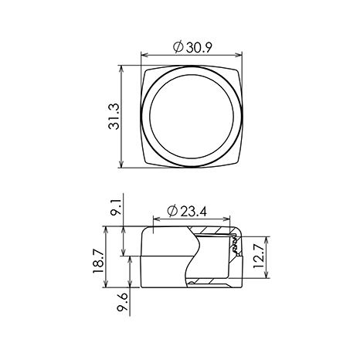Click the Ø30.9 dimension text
[x=192, y=47]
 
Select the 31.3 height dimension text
[x=114, y=117]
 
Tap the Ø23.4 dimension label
[x=187, y=212]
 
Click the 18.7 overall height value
[x=98, y=262]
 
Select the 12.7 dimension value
[x=259, y=256]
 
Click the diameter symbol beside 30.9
[x=178, y=47]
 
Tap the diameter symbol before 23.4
[x=172, y=212]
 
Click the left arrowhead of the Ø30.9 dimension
[x=144, y=55]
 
